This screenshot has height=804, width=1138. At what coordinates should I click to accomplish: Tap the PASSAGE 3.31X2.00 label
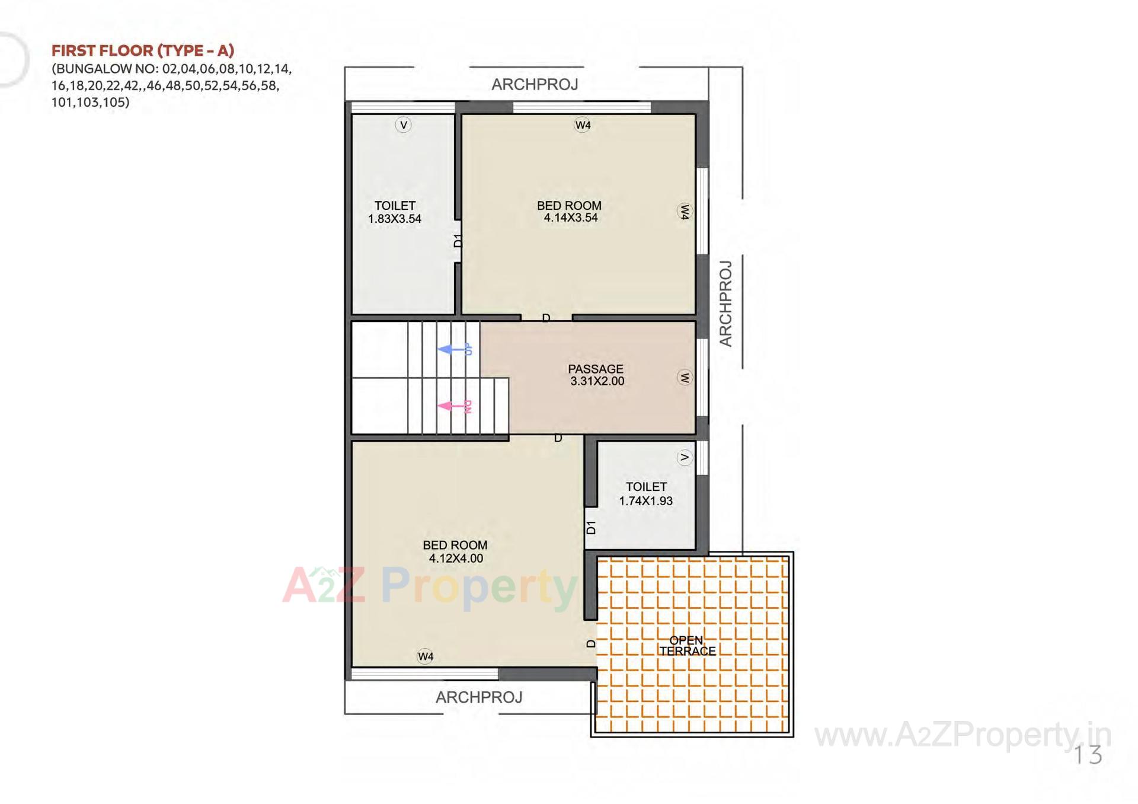pos(596,375)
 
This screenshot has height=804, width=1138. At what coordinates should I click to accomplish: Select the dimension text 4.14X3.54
pos(571,218)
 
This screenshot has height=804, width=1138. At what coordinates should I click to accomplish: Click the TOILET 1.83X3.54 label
pos(395,212)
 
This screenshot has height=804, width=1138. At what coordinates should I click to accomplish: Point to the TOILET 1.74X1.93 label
pos(646,493)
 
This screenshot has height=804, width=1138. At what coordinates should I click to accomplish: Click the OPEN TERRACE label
pos(687,646)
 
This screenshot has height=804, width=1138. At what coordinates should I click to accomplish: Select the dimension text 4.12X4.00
pos(456,558)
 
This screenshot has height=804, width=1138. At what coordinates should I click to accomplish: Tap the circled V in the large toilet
pos(404,125)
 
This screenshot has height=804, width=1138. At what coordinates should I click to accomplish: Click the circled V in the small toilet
pos(685,457)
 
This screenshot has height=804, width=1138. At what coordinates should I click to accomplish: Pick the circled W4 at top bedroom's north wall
pos(583,125)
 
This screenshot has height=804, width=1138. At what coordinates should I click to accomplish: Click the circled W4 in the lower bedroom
pos(426,656)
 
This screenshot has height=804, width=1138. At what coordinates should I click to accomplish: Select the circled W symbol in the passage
pos(685,377)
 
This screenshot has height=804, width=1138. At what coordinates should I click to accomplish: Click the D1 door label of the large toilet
pos(458,240)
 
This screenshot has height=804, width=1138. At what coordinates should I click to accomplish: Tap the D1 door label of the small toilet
pos(591,527)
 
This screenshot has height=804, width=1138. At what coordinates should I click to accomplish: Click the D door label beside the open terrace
pos(591,643)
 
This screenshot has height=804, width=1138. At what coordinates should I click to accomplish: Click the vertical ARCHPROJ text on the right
pos(725,304)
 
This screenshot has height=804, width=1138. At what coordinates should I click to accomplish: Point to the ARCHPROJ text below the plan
pos(479,697)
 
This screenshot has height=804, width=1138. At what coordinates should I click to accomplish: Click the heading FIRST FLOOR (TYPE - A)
pos(143,50)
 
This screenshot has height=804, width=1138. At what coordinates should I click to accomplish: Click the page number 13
pos(1088,755)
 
